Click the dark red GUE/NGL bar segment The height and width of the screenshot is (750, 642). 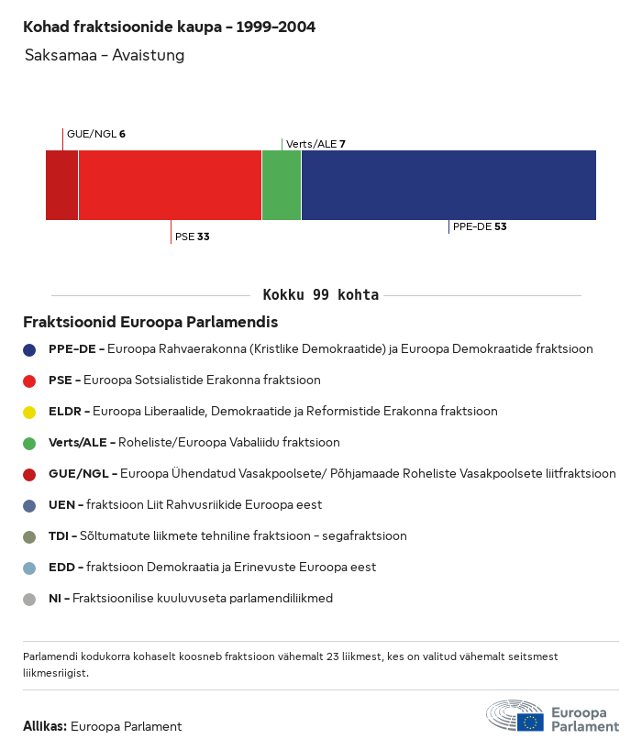(x=61, y=185)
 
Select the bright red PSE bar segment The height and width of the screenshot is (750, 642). (x=170, y=185)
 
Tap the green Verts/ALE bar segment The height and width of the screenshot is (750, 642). (x=282, y=185)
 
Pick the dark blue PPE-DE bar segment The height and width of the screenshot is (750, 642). (x=448, y=185)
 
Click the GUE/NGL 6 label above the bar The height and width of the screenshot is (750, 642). (x=95, y=134)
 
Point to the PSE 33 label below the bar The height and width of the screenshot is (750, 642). (x=192, y=237)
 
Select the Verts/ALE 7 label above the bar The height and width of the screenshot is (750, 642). (x=315, y=144)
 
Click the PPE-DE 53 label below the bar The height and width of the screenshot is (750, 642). (x=480, y=226)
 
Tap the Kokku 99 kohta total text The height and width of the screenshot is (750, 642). (x=320, y=295)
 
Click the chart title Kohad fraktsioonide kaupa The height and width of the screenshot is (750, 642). (x=169, y=28)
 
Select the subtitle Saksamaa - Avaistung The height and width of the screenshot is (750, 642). (x=105, y=56)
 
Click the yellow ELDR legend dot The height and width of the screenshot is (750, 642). (x=29, y=412)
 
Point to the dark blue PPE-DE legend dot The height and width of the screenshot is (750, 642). (x=29, y=349)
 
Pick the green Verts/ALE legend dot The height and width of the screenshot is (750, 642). (x=29, y=443)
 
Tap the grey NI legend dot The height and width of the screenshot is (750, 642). (x=29, y=599)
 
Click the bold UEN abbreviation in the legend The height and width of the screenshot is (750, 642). (x=61, y=505)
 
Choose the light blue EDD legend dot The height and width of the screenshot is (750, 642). (x=29, y=568)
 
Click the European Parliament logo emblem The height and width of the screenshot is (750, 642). (x=515, y=715)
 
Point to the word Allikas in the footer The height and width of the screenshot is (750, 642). (x=44, y=726)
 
